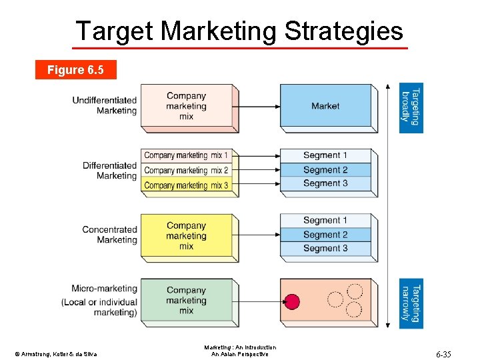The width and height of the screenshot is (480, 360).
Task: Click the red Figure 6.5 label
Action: point(75,70)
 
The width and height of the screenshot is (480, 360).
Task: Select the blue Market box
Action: point(325,106)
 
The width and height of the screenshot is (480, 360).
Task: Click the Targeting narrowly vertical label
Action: point(411,303)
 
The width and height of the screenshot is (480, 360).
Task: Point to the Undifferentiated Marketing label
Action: point(104,105)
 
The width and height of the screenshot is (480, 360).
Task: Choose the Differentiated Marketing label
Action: point(109,171)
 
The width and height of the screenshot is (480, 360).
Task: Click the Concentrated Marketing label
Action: point(109,235)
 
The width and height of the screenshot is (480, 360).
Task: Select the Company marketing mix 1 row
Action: point(186,155)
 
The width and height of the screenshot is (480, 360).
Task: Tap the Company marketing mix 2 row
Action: point(186,170)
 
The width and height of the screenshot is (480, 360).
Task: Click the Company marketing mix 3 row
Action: point(186,185)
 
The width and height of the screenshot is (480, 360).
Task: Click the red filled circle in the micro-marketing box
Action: point(292,301)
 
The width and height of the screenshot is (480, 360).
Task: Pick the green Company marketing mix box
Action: point(186,301)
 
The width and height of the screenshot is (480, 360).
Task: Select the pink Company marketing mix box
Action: point(186,106)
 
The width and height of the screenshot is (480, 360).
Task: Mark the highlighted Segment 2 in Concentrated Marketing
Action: point(325,235)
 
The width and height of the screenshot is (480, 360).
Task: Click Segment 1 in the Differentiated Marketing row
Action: point(325,155)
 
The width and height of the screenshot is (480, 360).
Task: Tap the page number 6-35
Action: point(443,354)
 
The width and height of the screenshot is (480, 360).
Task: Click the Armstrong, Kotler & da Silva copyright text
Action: point(55,353)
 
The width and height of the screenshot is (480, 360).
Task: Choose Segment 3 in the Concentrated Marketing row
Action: point(325,249)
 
